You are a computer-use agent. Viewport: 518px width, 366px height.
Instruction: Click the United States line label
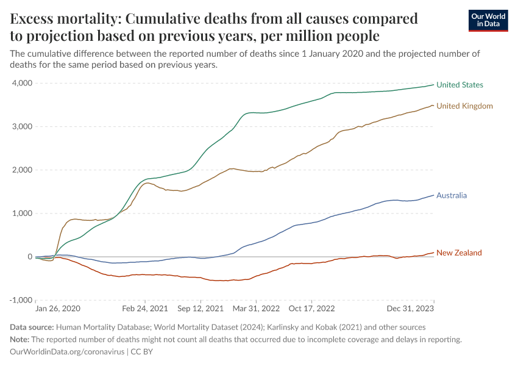[x=459, y=85]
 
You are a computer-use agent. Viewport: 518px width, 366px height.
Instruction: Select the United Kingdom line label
[x=464, y=106]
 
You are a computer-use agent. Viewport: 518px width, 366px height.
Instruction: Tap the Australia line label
[x=452, y=196]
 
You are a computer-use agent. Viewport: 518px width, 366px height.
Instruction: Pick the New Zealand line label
[x=459, y=253]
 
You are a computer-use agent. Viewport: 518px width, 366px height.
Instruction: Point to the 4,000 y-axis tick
[x=22, y=83]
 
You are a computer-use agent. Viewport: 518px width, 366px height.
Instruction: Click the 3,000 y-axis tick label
[x=22, y=126]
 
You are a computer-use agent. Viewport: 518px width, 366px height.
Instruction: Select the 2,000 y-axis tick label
[x=22, y=170]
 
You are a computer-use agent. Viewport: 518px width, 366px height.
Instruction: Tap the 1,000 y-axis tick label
[x=22, y=213]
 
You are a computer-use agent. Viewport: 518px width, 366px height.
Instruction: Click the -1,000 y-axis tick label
[x=21, y=300]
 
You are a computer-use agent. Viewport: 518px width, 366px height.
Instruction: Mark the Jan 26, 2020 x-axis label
[x=57, y=309]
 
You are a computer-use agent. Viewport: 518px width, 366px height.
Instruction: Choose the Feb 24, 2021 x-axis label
[x=145, y=309]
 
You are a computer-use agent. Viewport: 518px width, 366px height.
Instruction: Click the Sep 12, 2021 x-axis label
[x=200, y=309]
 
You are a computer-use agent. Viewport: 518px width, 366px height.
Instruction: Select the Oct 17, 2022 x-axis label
[x=311, y=309]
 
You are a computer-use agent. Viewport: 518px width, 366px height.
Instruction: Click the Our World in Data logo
[x=488, y=20]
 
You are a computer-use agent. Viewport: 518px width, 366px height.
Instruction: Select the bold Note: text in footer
[x=22, y=340]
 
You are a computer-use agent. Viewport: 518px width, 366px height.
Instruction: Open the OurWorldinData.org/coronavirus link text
[x=67, y=352]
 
